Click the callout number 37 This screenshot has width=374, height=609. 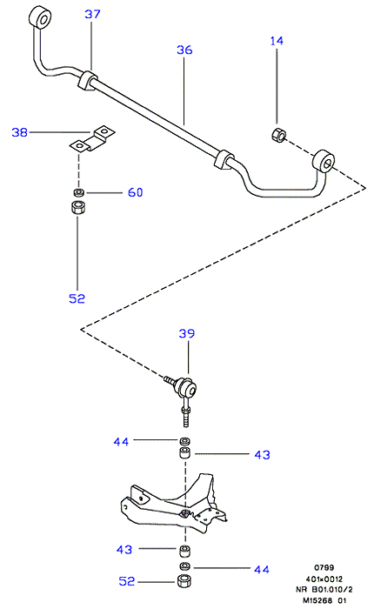[x=92, y=15]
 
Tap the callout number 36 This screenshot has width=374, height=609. [x=184, y=50]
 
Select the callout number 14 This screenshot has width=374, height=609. [x=277, y=41]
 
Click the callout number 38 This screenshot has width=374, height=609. [x=19, y=132]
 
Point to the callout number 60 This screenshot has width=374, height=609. [x=135, y=192]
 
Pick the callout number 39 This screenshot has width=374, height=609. [x=187, y=333]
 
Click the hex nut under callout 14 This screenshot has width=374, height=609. [x=278, y=134]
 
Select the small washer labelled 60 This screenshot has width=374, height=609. [x=78, y=192]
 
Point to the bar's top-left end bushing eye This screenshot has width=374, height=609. [x=40, y=17]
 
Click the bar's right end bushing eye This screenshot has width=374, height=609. [x=324, y=161]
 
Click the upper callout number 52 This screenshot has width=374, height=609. [x=77, y=298]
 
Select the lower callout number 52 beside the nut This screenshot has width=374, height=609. [x=127, y=581]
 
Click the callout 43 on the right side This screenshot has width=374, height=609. [x=262, y=454]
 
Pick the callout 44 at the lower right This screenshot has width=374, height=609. [x=262, y=569]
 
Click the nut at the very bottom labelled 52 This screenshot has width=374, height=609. [x=185, y=581]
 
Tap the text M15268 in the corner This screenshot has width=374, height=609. [x=318, y=600]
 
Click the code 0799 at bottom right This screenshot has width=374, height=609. [x=324, y=567]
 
